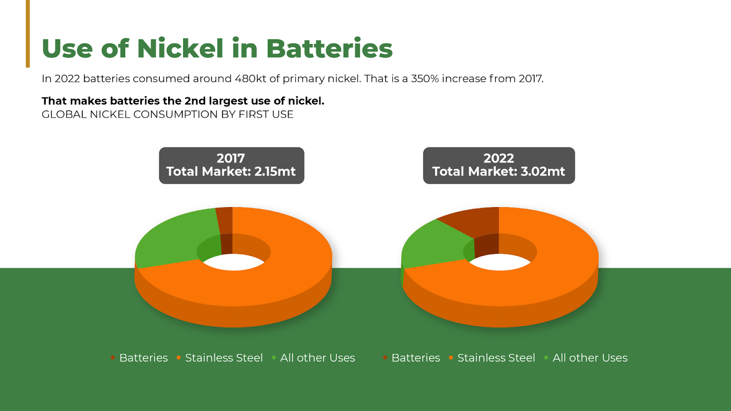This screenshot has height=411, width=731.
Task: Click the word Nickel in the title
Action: click(x=180, y=48)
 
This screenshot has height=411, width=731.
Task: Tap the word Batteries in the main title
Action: click(x=329, y=48)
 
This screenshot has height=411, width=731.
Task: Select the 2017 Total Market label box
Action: click(x=231, y=165)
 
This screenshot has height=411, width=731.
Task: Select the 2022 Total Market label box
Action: click(x=498, y=165)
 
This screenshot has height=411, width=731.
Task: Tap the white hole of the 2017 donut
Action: click(x=233, y=262)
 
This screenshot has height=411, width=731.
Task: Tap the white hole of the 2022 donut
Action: click(x=500, y=262)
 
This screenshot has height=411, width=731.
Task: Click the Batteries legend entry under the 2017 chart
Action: click(x=139, y=358)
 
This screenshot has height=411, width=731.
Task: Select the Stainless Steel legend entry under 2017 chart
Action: click(x=220, y=358)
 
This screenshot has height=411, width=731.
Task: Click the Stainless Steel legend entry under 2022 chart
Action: click(x=492, y=358)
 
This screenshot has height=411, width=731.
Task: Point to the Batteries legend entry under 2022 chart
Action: click(x=412, y=358)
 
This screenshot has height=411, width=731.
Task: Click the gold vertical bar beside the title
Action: click(x=28, y=34)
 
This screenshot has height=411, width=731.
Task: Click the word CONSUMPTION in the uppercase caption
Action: click(x=175, y=115)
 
